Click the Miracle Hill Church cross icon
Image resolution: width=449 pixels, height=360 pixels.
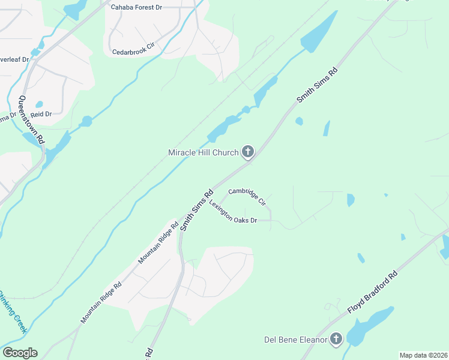click(x=247, y=152)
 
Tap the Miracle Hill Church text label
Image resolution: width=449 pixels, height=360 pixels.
click(x=203, y=153)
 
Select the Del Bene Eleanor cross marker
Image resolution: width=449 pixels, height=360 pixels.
click(x=336, y=340)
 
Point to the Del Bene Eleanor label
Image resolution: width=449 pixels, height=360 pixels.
click(x=296, y=340)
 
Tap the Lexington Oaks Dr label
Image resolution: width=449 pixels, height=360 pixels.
click(x=233, y=212)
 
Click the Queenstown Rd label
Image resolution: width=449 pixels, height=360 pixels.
click(x=31, y=119)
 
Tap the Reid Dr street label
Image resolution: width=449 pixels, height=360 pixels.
click(x=41, y=113)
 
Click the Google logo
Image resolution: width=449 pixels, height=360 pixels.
click(x=20, y=353)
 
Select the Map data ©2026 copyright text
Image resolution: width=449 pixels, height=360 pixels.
click(x=423, y=355)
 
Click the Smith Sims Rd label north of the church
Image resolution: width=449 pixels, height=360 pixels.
click(x=318, y=86)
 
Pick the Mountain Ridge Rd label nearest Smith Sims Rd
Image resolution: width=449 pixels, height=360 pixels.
click(x=158, y=244)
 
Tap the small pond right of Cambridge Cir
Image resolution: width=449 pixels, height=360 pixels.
click(x=351, y=200)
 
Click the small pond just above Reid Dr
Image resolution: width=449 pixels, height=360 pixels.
click(x=39, y=104)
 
